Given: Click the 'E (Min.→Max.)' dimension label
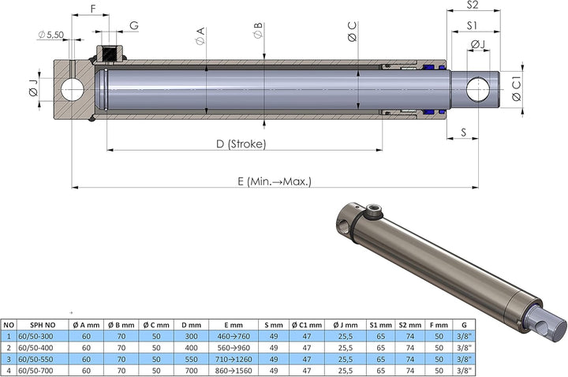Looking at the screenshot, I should (274, 181).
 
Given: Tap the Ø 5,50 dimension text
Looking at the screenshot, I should (51, 35).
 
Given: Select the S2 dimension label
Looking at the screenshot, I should (473, 5).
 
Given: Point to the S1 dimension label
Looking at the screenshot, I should (473, 25).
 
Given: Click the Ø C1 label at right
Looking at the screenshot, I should (515, 89).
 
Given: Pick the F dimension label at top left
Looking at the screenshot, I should (93, 9).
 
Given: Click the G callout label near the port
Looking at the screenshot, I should (134, 25).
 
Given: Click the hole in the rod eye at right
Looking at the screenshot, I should (478, 90).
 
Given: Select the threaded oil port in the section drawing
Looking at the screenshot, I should (110, 55).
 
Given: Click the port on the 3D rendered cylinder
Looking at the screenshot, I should (372, 211).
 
